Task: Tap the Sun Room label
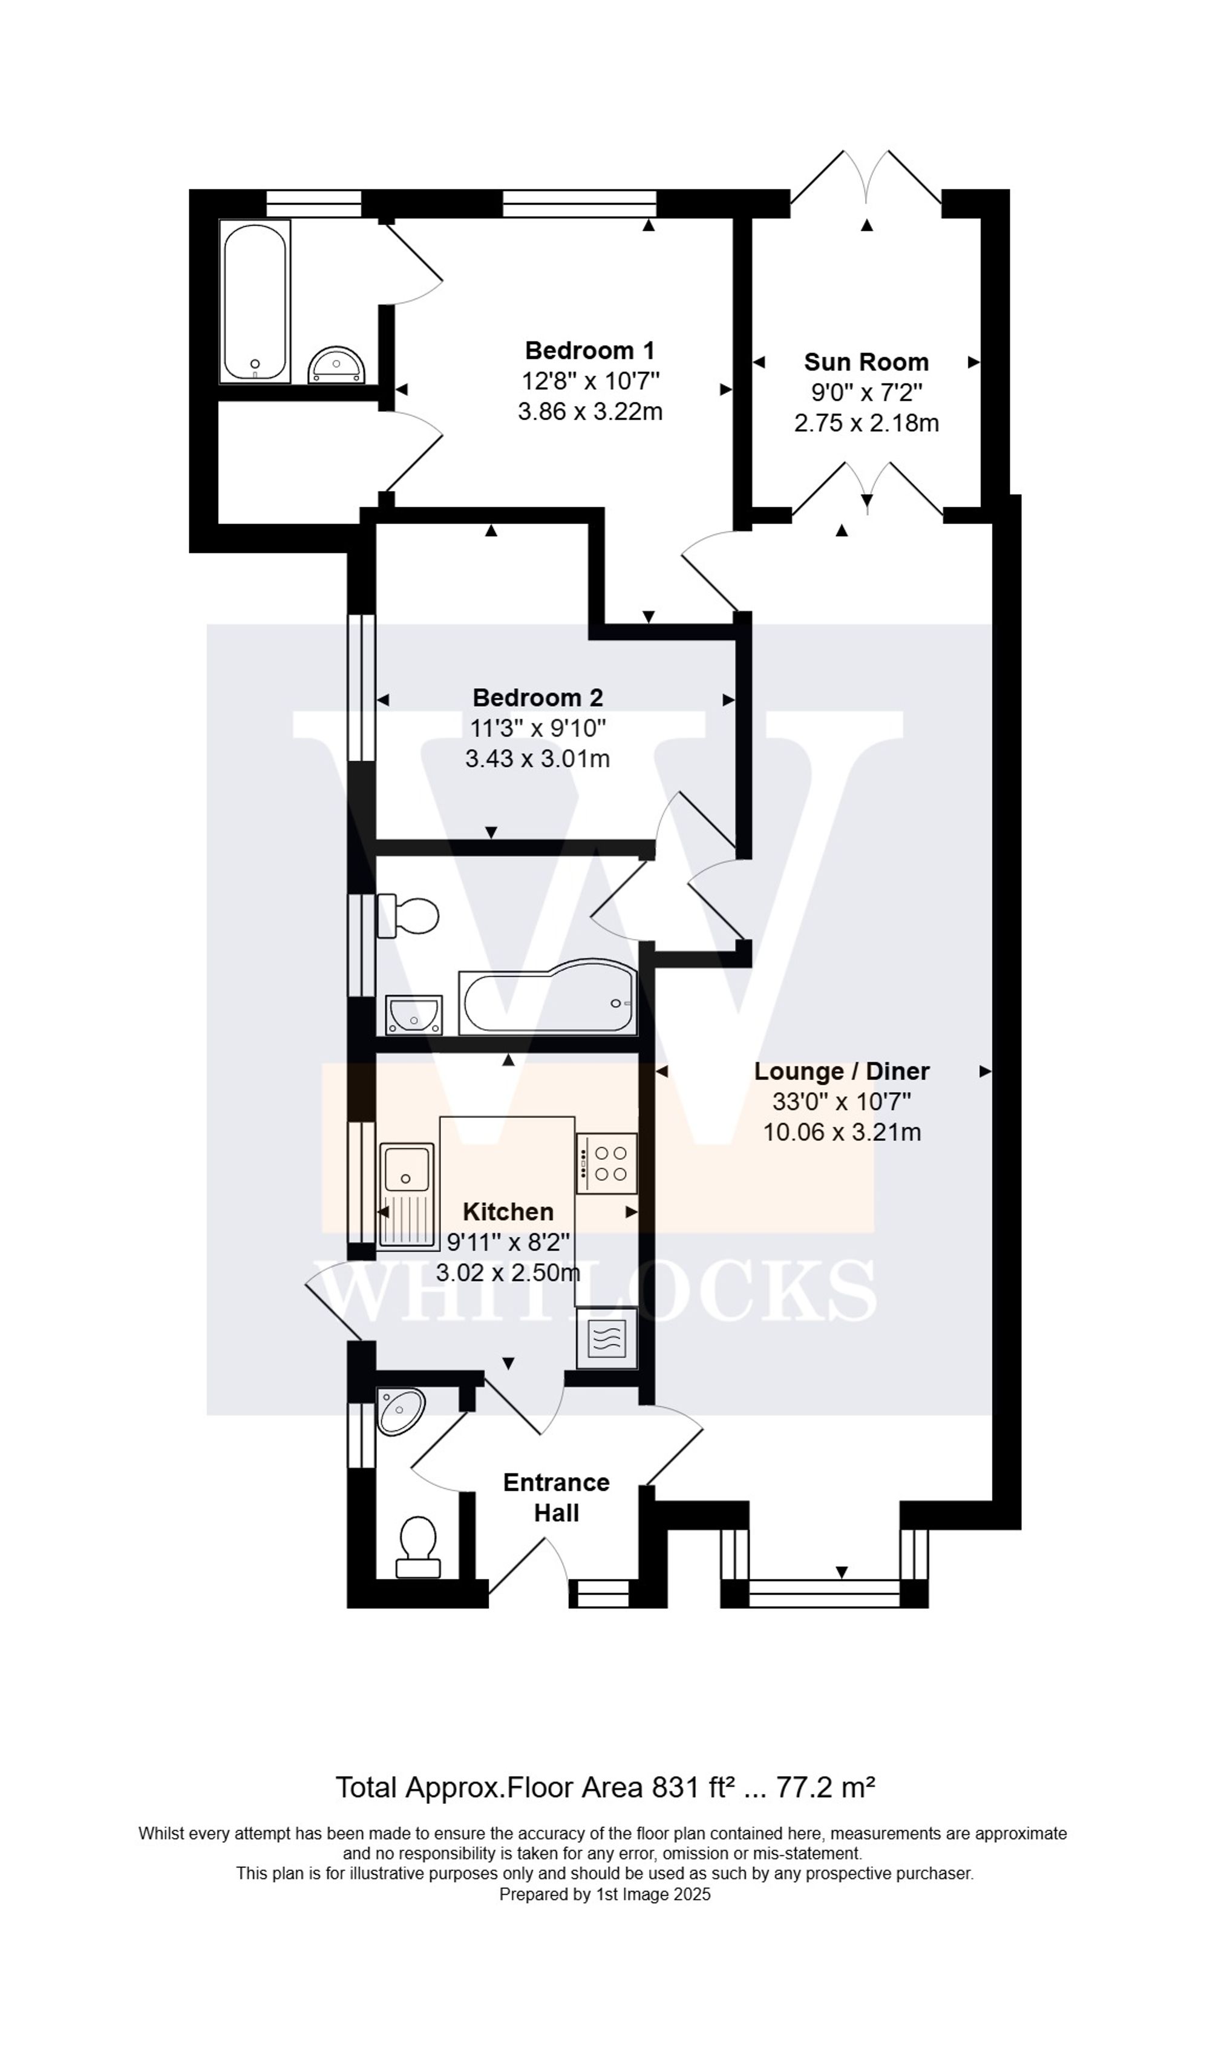coord(866,362)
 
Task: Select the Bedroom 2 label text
coord(537,697)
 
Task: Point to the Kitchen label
coord(508,1211)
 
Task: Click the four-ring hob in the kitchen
coord(607,1164)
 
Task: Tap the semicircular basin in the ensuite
coord(336,364)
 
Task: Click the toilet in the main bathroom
coord(410,915)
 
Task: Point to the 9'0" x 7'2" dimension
coord(866,393)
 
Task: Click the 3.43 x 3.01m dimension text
coord(537,760)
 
